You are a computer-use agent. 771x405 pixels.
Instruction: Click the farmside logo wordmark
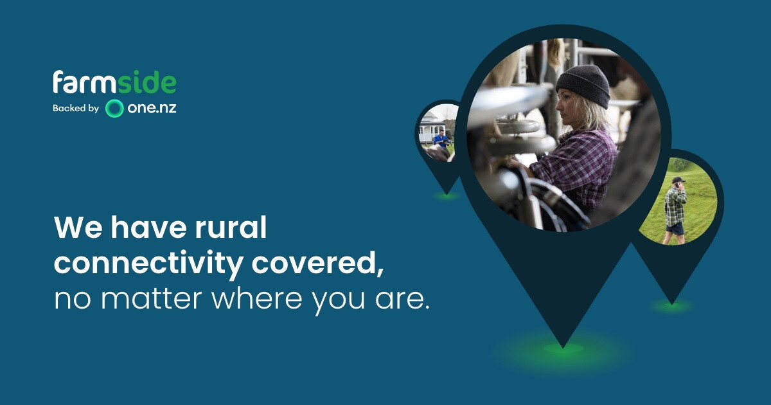(x=114, y=82)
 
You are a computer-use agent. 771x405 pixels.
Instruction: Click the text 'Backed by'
(x=76, y=109)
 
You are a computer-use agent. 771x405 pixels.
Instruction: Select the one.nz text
(x=152, y=108)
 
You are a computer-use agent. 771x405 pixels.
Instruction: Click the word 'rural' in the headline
(x=231, y=228)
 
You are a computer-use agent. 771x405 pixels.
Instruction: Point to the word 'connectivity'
(x=148, y=264)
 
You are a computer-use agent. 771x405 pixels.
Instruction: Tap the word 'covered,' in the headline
(x=317, y=264)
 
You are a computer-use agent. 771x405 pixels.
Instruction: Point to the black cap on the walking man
(x=678, y=180)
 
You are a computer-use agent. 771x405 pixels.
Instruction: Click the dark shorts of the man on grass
(x=675, y=229)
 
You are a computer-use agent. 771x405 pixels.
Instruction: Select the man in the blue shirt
(x=441, y=138)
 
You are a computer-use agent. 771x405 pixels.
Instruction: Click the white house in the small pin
(x=430, y=127)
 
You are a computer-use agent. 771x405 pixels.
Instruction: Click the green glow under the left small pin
(x=447, y=196)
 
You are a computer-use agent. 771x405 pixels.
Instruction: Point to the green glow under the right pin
(x=671, y=306)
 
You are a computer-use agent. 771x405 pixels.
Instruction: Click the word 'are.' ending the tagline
(x=403, y=299)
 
